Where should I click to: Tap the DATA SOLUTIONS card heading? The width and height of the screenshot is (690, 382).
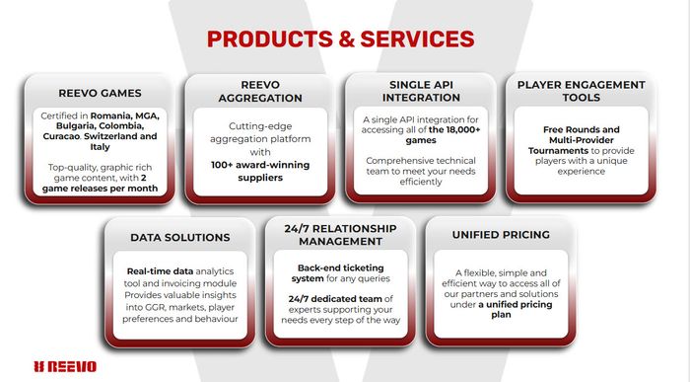tap(179, 237)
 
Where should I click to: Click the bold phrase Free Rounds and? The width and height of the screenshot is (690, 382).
tap(582, 128)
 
